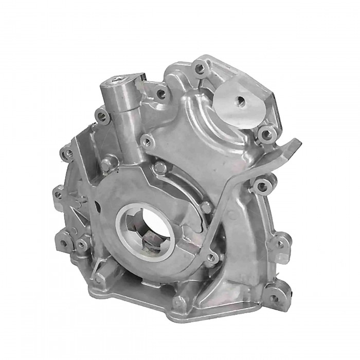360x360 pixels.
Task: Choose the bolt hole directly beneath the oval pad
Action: pyautogui.click(x=266, y=135)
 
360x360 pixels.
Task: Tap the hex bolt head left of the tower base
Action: pyautogui.click(x=106, y=165)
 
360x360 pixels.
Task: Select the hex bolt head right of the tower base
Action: pyautogui.click(x=161, y=167)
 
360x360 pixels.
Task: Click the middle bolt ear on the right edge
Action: pyautogui.click(x=281, y=241)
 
